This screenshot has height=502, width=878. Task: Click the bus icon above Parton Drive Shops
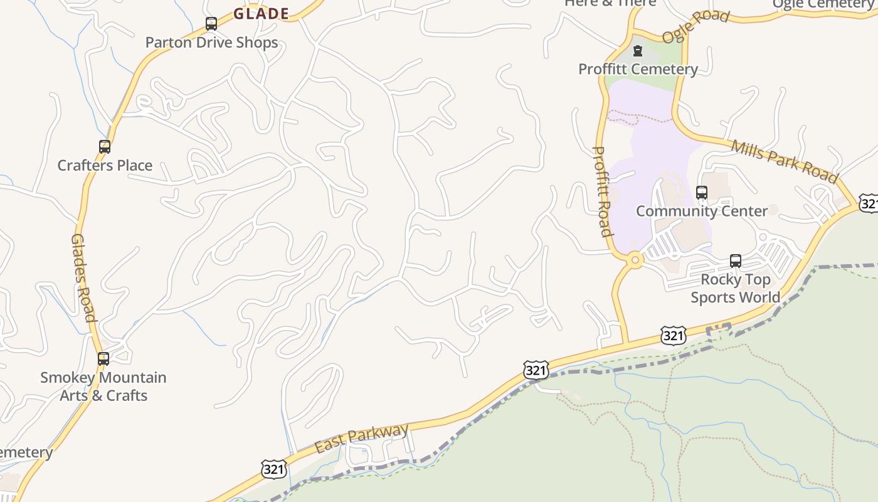tap(211, 24)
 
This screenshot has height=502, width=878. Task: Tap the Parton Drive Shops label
tap(211, 43)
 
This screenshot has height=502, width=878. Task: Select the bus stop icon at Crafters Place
tap(105, 147)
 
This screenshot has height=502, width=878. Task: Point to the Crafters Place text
tap(105, 165)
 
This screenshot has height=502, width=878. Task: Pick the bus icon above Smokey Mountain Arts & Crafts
tap(103, 359)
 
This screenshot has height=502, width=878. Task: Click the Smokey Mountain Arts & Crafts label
tap(103, 387)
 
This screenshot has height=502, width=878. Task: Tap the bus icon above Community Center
tap(702, 193)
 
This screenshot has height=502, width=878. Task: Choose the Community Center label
tap(702, 211)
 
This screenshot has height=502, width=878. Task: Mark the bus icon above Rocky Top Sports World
tap(736, 261)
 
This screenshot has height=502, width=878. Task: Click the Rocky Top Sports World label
tap(736, 288)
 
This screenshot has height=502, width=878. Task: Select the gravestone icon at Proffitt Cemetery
tap(638, 51)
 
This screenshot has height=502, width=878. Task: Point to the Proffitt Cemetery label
tap(638, 69)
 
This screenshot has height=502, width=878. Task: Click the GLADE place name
tap(262, 13)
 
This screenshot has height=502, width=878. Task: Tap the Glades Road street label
tap(83, 277)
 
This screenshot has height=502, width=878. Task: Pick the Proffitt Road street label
tap(602, 191)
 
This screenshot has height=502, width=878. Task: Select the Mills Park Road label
tap(784, 161)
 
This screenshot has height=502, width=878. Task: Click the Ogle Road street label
tap(696, 25)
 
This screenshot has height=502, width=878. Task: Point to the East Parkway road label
tap(361, 438)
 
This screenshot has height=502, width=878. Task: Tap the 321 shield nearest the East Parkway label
tap(274, 469)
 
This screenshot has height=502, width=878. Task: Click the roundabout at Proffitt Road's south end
tap(635, 259)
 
